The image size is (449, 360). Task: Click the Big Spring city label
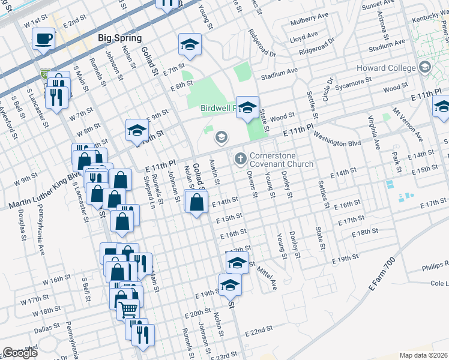pos(119,38)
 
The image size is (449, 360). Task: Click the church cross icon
pos(240,158)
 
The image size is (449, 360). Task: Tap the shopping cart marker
pos(128,310)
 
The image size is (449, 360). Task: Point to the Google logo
pos(20,353)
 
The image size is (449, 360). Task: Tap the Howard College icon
pos(426,67)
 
